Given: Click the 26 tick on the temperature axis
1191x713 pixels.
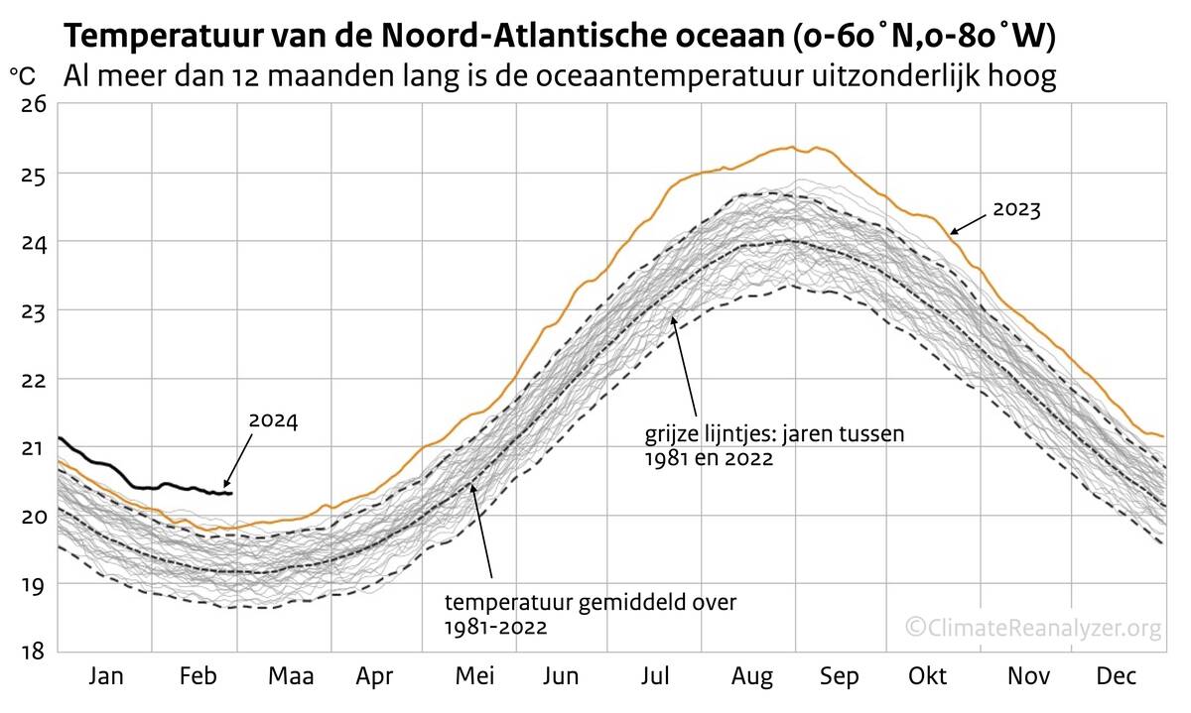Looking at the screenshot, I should [x=34, y=104].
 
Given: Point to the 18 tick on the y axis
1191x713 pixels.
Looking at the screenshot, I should [x=34, y=652].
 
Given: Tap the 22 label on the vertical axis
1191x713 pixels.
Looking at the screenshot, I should [x=34, y=379].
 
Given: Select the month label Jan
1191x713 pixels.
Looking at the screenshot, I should [x=106, y=676].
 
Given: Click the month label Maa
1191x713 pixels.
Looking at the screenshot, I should [x=291, y=676].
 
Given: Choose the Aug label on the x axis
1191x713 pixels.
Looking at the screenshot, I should [x=752, y=676].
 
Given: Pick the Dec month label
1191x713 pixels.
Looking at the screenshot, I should [x=1117, y=676].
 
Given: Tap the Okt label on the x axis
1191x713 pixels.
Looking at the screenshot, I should [x=929, y=676].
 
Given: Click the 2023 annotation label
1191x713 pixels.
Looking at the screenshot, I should [x=1015, y=209].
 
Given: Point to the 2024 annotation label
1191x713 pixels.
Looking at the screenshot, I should [x=273, y=420].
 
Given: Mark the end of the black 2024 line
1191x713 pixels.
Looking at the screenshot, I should [x=230, y=493].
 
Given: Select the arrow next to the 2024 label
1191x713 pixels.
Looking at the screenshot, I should [x=236, y=466].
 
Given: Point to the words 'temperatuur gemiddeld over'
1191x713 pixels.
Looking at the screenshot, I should [x=591, y=602].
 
